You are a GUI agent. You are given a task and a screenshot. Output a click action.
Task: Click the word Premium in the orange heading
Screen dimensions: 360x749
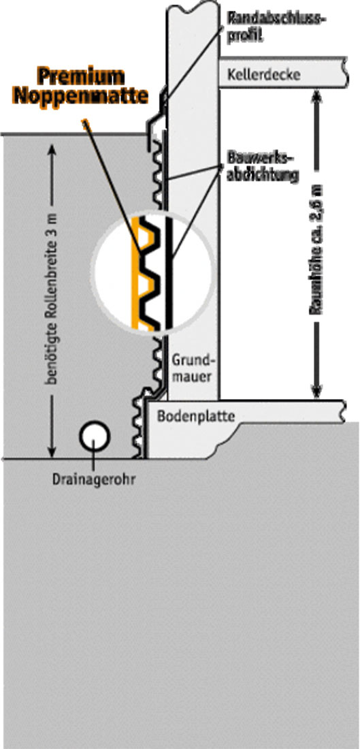tap(82, 76)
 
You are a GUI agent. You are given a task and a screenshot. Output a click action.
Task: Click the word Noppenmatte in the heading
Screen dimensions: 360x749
tap(81, 96)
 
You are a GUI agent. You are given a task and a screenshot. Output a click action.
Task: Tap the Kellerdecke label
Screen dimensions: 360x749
tap(264, 74)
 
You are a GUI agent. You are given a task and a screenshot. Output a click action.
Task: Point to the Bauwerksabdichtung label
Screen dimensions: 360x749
tap(263, 167)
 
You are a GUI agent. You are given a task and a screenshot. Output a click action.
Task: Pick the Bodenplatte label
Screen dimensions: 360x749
tap(196, 417)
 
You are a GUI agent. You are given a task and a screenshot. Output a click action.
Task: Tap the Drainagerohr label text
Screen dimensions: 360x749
tap(94, 478)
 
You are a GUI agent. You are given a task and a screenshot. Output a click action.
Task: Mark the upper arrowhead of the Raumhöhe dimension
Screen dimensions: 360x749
tap(316, 95)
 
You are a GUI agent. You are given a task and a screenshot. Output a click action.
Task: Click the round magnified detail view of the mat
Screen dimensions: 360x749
tap(153, 273)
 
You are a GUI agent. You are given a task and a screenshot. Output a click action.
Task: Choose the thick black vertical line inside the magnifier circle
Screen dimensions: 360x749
tap(169, 273)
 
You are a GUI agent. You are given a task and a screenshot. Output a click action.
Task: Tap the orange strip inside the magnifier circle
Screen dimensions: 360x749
tap(137, 273)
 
